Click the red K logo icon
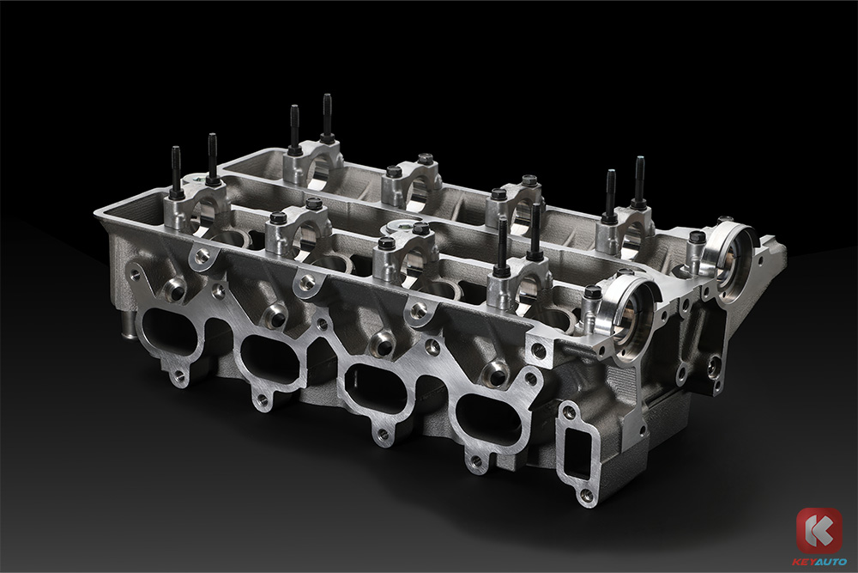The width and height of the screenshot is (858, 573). point(819,530)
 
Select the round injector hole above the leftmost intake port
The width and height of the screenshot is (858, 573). point(176,288)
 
